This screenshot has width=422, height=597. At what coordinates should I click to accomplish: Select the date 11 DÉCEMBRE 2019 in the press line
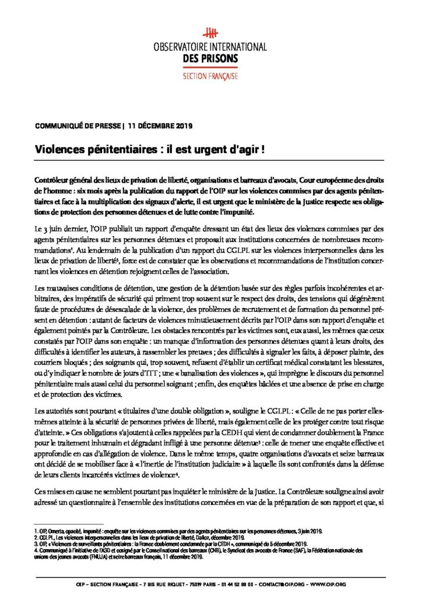point(160,125)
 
